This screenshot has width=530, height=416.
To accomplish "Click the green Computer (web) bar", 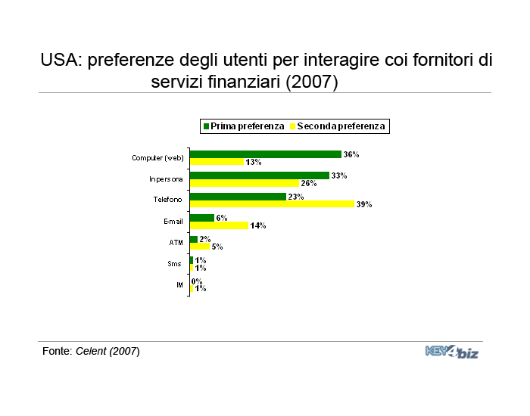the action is click(266, 154).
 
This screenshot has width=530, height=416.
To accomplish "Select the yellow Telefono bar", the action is click(272, 204).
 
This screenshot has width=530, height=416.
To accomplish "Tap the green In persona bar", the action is click(260, 175).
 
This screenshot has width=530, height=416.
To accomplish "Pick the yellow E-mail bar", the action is click(220, 225).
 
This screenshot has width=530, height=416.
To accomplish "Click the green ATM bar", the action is click(194, 240).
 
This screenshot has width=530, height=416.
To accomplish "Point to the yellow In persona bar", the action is click(245, 183).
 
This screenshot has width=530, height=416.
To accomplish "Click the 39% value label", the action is click(364, 204).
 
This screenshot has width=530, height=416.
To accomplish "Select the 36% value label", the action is click(351, 154).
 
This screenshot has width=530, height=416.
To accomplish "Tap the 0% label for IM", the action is click(197, 281).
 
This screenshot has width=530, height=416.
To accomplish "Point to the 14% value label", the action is click(258, 225).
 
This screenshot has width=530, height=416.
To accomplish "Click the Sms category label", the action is click(174, 264).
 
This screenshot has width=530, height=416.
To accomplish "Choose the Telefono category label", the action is click(167, 200).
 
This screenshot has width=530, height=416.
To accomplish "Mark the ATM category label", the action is click(176, 243).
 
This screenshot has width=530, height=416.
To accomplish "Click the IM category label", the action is click(180, 285).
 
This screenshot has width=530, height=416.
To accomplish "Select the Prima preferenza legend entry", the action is click(244, 126).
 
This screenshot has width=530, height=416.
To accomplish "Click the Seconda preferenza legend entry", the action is click(338, 126).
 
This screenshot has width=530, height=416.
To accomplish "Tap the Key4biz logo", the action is click(452, 352).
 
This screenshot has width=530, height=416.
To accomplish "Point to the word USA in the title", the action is click(61, 60).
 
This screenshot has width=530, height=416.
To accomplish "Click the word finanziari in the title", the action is click(244, 82).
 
